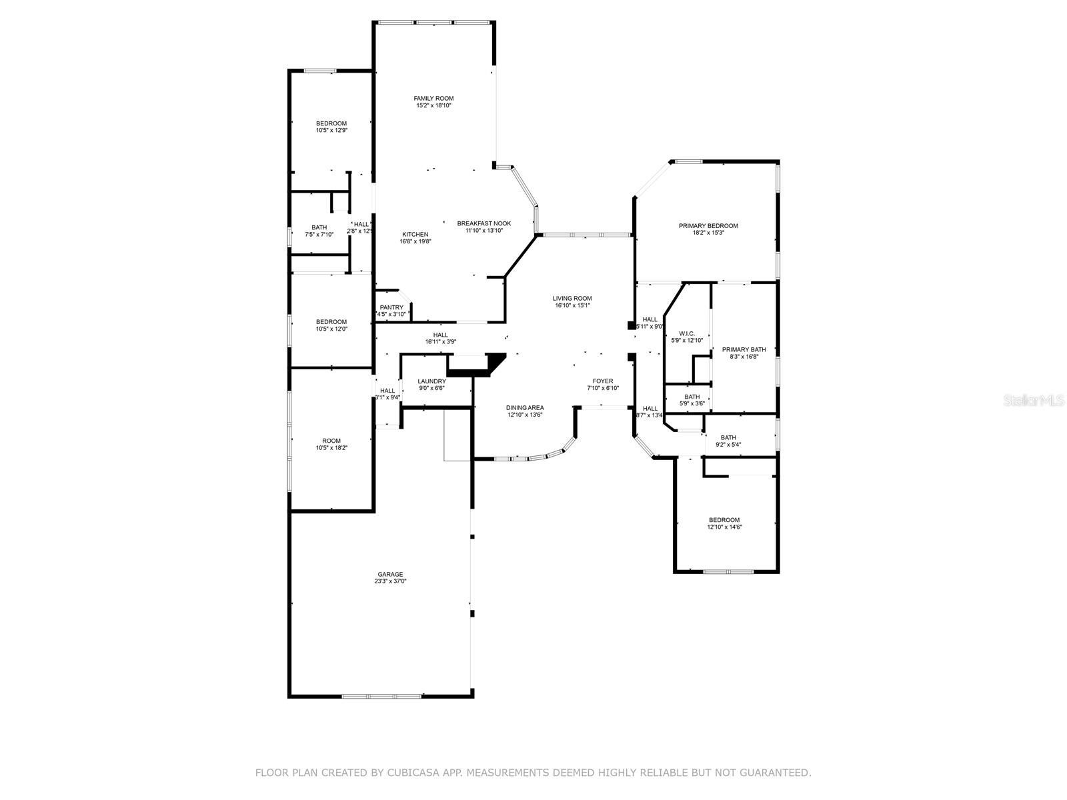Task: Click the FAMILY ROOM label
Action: tap(433, 99)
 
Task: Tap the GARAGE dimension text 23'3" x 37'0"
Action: tap(390, 581)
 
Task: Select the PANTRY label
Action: tap(391, 307)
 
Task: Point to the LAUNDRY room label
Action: tap(431, 381)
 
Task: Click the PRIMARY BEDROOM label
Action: tap(708, 226)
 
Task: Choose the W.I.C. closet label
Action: tap(687, 333)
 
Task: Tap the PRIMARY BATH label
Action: tap(744, 349)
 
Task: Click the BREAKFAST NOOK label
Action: tap(483, 223)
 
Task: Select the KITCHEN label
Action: tap(415, 234)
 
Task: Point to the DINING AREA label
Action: tap(525, 407)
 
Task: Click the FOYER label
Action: tap(603, 381)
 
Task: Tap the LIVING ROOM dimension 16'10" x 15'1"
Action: tap(572, 305)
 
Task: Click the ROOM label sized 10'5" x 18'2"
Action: tap(331, 441)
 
